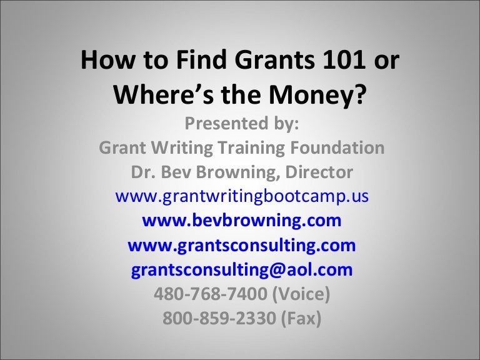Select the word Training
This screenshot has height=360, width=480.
point(247,149)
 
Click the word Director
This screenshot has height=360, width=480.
point(322,172)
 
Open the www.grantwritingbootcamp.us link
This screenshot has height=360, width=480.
point(242,197)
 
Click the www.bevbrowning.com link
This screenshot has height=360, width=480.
point(242,221)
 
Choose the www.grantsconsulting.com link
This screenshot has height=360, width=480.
point(242,245)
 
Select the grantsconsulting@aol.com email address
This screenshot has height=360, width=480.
point(242,270)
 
